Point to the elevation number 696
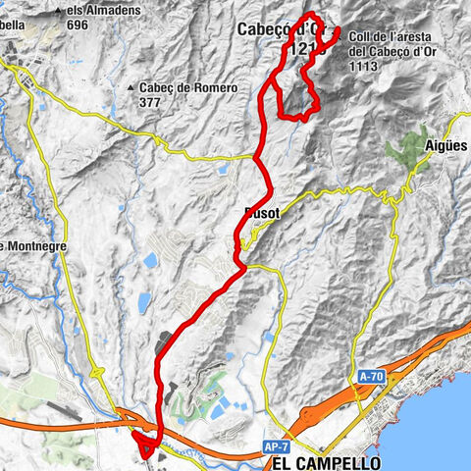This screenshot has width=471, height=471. pos(78,26)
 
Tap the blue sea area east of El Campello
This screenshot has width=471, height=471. pos(446,432)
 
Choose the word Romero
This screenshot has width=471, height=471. pos(215,88)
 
